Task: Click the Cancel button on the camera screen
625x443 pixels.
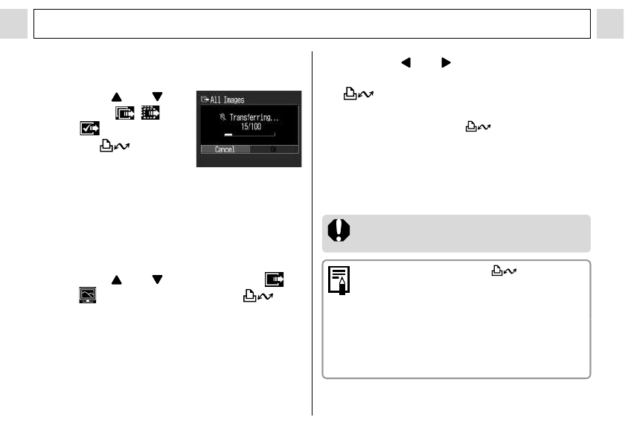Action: click(225, 149)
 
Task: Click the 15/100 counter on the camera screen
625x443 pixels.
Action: click(251, 126)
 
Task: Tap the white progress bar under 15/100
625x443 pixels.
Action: click(228, 135)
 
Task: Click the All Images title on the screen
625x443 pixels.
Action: click(227, 100)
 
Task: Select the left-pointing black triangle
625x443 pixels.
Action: click(406, 62)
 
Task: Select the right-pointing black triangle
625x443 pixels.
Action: click(446, 62)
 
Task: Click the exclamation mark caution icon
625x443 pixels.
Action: click(339, 230)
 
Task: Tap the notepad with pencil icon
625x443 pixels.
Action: click(339, 280)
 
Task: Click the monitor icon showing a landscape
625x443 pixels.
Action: click(88, 295)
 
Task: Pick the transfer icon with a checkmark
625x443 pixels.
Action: click(90, 128)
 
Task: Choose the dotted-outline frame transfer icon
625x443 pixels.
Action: click(150, 113)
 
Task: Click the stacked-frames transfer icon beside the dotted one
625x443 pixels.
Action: click(125, 113)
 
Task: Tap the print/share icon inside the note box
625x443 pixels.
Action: click(504, 271)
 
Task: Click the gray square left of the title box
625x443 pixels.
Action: click(13, 24)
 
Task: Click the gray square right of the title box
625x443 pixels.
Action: click(610, 24)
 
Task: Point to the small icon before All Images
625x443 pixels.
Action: click(205, 99)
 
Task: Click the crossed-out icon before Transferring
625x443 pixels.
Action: click(222, 117)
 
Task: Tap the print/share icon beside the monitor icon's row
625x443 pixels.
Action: click(258, 296)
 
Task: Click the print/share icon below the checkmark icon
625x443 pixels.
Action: click(115, 146)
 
